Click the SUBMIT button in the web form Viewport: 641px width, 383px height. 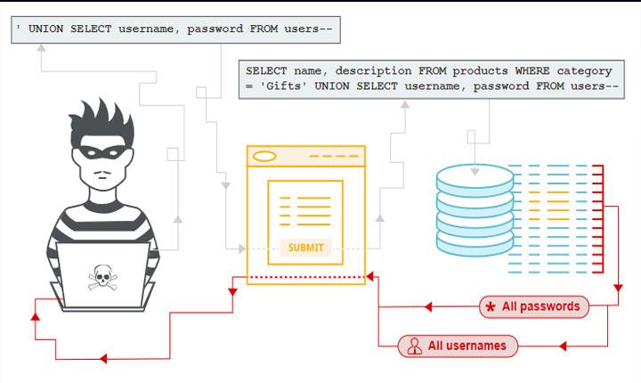point(305,247)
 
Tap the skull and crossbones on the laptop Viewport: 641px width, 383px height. point(103,277)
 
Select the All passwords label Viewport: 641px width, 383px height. point(540,306)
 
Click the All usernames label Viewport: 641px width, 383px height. point(467,346)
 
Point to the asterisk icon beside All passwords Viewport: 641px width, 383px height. point(490,307)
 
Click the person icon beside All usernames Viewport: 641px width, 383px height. point(414,346)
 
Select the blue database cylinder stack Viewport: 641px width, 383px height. point(475,213)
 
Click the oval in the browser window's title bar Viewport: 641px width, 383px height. point(265,157)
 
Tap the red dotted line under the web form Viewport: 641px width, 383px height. point(305,276)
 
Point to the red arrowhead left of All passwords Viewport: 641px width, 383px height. point(428,307)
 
